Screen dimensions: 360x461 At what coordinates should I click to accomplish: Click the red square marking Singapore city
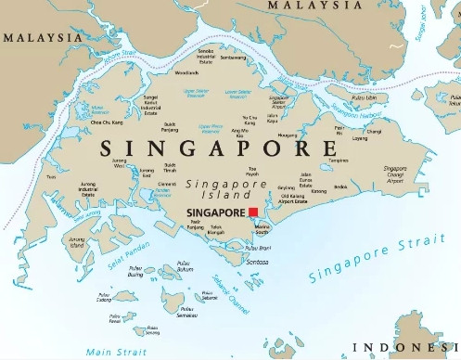(253, 212)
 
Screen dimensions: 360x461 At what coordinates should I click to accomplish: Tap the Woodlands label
(186, 71)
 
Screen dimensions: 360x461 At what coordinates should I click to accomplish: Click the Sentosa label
(257, 263)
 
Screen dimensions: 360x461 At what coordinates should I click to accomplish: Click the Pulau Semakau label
(193, 311)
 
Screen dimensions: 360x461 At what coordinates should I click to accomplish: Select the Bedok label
(340, 187)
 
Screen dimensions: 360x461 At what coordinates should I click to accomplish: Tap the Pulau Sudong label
(104, 298)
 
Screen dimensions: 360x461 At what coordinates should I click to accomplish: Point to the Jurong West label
(120, 163)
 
